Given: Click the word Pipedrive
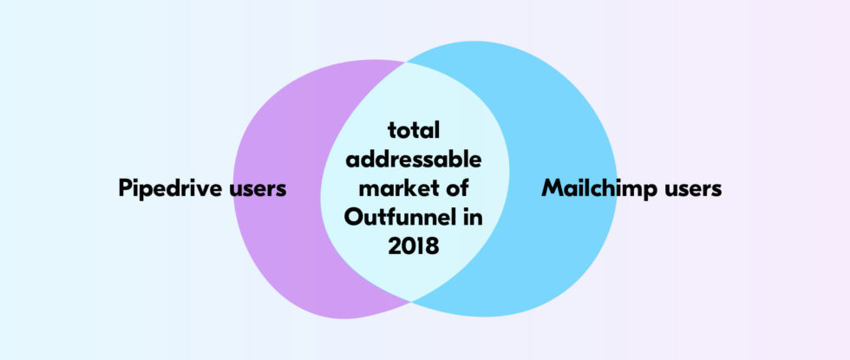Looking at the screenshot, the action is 170,189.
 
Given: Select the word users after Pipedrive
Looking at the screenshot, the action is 258,190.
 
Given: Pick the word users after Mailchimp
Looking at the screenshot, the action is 693,190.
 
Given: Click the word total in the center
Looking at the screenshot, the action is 414,131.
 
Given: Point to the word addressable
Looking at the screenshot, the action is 414,160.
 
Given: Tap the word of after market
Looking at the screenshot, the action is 456,189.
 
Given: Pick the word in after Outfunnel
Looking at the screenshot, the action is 472,218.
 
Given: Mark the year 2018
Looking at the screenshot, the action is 414,246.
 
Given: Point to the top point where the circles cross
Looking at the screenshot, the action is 405,62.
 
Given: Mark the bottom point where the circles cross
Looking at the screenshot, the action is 411,302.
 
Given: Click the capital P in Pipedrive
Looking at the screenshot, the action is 126,189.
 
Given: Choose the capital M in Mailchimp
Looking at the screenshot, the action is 552,189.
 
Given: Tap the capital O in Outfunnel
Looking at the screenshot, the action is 354,218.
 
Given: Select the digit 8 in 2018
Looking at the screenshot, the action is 432,246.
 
